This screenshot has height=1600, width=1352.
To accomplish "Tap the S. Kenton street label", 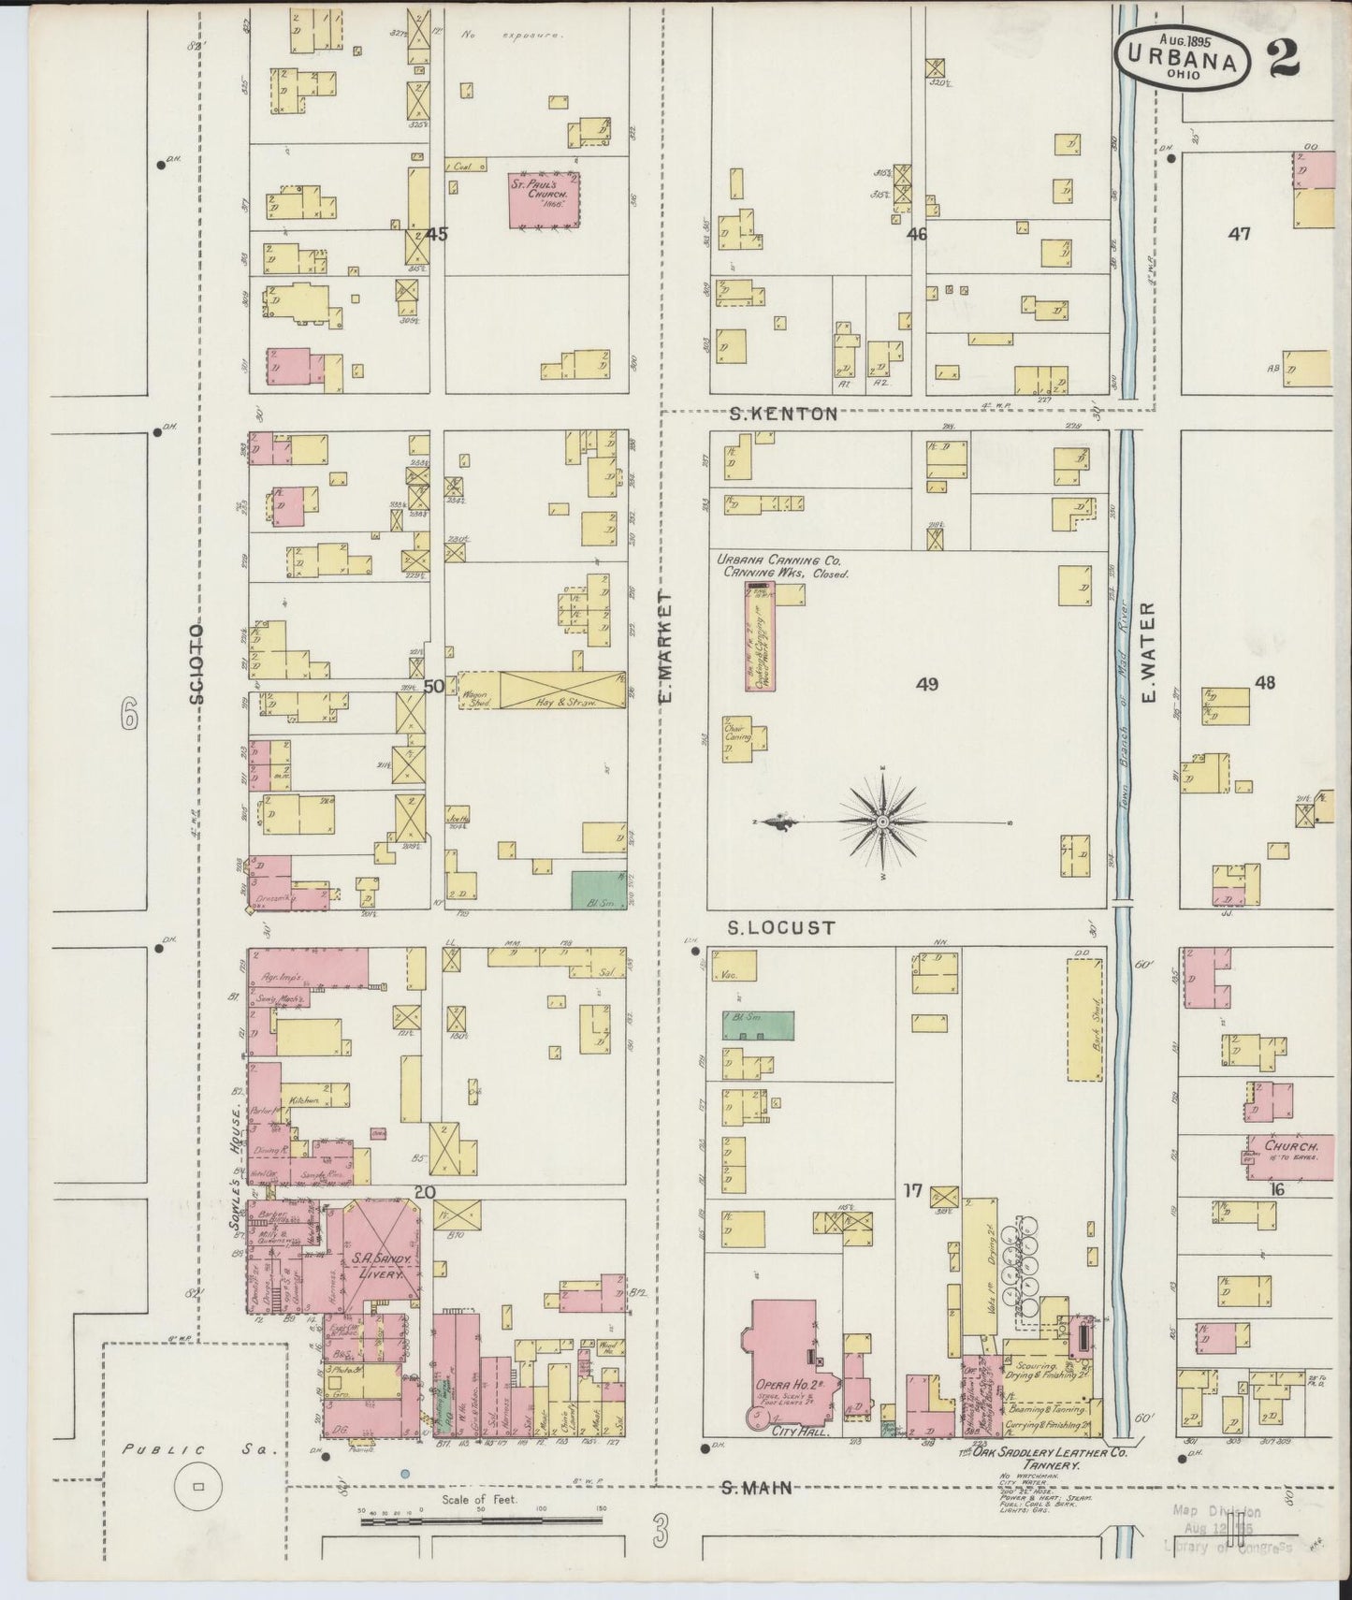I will (783, 413).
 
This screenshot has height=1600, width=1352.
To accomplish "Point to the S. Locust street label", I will (781, 927).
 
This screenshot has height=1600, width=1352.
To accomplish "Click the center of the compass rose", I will (882, 821).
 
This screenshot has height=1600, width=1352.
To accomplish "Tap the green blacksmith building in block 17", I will (758, 1025).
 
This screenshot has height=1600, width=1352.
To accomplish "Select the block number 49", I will (926, 685).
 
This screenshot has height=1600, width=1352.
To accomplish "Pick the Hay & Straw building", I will (561, 691).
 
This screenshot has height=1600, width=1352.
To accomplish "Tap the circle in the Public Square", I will (197, 1485).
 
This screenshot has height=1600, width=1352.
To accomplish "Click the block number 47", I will (1240, 234).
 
